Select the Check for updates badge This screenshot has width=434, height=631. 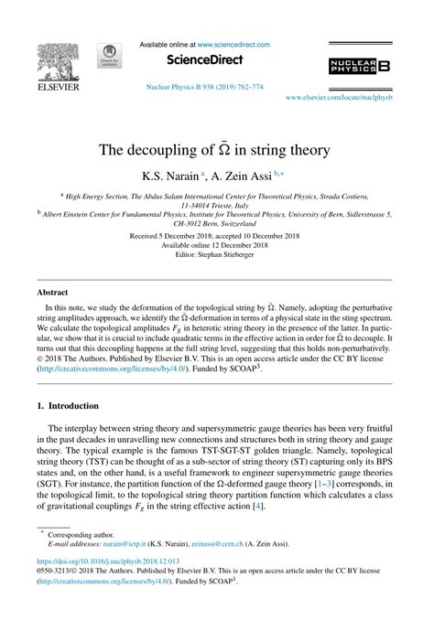(110, 57)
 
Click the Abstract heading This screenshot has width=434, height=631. (52, 293)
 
